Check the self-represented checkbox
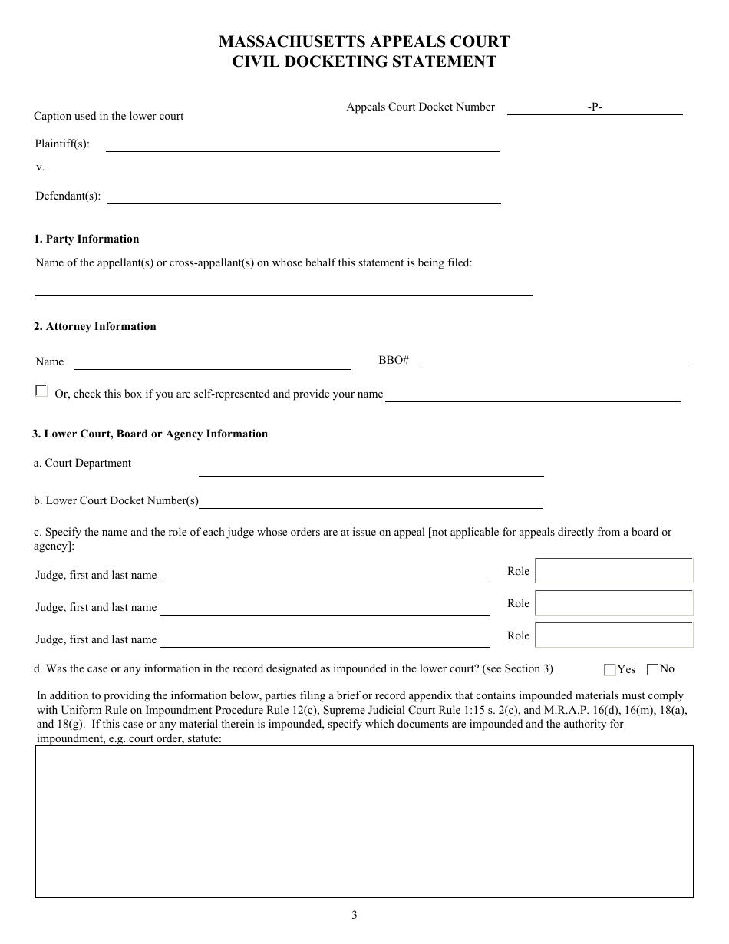coord(41,391)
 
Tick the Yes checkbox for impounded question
coord(610,670)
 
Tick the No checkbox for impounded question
coord(652,669)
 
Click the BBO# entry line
coord(553,361)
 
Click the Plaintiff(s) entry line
coord(302,145)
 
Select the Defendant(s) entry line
coord(304,197)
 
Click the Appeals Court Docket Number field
coord(595,108)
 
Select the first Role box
coord(615,571)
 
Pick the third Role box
coord(615,635)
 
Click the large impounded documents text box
coord(364,821)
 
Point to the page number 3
coord(355,915)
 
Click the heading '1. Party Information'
coord(87,239)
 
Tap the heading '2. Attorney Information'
coord(95,326)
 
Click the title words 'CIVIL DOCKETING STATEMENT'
coord(364,62)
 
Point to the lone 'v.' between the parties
coord(40,167)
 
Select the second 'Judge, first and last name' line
coord(325,608)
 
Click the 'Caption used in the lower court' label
coord(109,116)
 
